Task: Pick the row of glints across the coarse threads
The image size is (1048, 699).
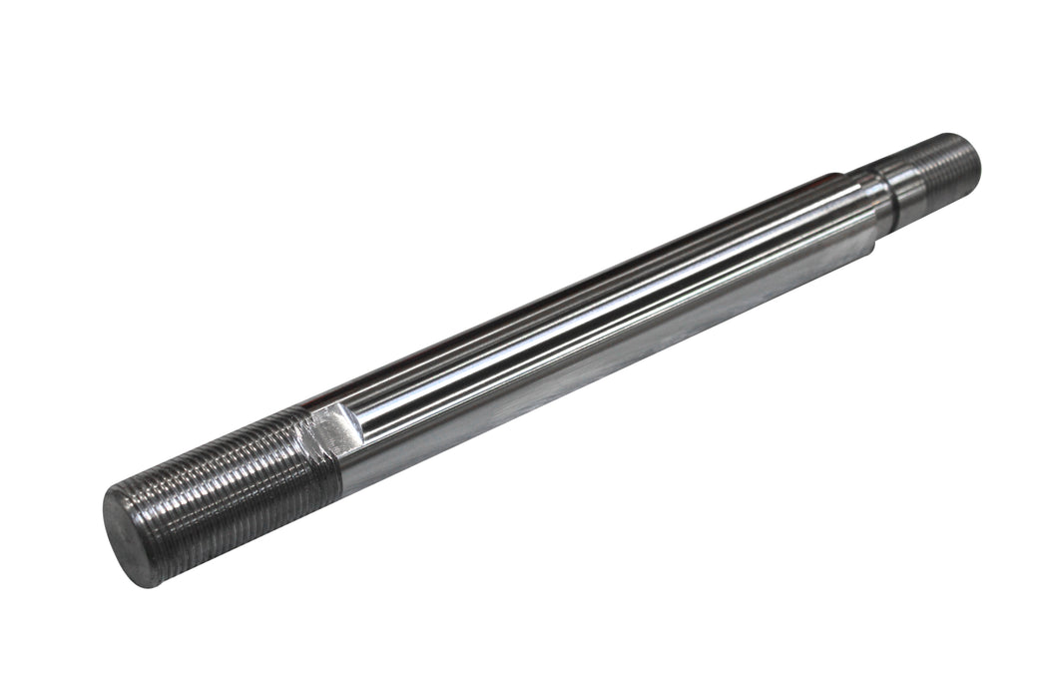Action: tap(220, 469)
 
